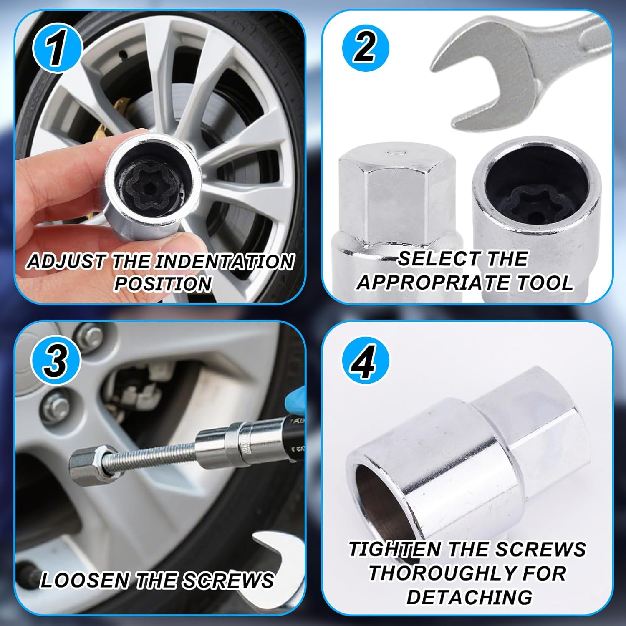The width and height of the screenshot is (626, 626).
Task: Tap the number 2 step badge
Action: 366,48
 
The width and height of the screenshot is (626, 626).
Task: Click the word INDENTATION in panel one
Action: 225,262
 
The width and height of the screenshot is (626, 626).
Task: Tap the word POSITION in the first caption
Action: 163,284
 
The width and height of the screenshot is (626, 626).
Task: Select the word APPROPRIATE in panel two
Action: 434,283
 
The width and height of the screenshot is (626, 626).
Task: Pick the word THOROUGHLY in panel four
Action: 467,573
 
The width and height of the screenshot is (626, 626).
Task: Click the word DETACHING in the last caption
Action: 469,597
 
